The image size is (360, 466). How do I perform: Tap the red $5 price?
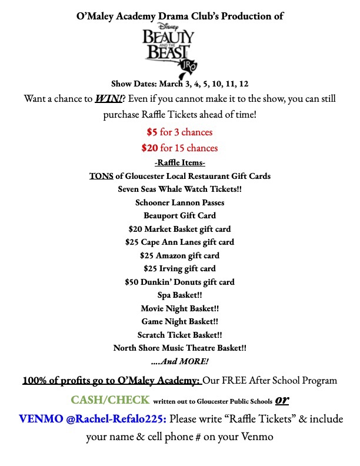152,132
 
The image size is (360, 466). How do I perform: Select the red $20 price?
149,148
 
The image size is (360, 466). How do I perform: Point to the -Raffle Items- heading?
179,163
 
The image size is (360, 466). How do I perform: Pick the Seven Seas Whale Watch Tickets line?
179,189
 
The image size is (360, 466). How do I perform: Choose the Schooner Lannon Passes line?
179,202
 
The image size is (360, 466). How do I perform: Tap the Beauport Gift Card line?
179,215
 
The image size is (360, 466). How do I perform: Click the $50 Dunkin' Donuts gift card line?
179,282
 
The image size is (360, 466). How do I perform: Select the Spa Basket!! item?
179,295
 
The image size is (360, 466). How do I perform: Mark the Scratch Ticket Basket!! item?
179,335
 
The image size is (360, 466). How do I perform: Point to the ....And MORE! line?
179,361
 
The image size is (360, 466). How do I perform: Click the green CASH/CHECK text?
110,400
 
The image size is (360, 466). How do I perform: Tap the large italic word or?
283,400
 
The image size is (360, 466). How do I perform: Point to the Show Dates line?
179,84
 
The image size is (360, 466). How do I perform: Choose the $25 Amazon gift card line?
179,255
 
